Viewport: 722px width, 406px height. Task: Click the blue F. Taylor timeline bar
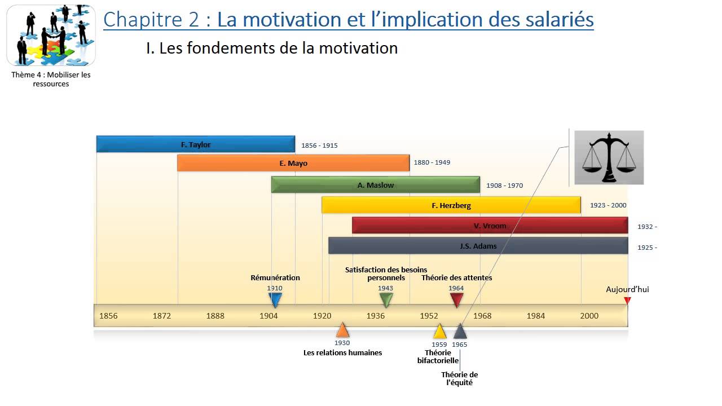click(x=195, y=144)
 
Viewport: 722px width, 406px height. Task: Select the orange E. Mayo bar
click(x=293, y=163)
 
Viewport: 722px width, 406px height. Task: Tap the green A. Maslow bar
click(x=375, y=185)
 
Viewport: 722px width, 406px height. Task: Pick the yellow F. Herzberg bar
click(x=451, y=205)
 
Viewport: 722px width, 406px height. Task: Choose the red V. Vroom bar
click(x=490, y=226)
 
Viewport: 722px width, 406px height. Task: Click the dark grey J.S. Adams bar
click(x=478, y=246)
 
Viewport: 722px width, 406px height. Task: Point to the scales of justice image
click(x=609, y=157)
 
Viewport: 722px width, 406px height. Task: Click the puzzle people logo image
click(x=51, y=35)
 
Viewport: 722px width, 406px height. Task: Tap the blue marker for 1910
click(x=275, y=299)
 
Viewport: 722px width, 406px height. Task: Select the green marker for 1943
click(x=386, y=299)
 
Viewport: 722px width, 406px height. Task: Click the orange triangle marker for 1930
click(x=342, y=330)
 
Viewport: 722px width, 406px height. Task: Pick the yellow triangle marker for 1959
click(x=439, y=332)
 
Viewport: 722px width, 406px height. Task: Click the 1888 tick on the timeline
click(x=215, y=316)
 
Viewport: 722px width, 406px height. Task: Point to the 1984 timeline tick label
click(x=536, y=316)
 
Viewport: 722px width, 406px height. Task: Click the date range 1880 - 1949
click(x=432, y=162)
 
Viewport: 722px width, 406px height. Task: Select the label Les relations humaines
click(x=342, y=352)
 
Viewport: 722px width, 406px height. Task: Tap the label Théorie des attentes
click(x=456, y=277)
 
